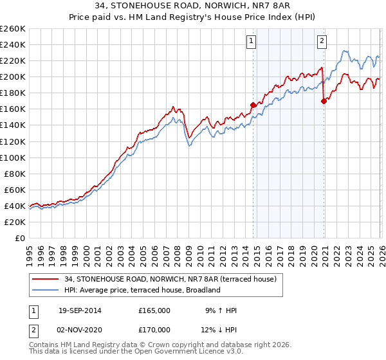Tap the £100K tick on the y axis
(x=13, y=157)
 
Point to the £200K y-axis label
(x=13, y=76)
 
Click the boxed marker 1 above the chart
(x=250, y=42)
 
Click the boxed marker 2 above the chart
(x=321, y=42)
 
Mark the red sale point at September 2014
(x=253, y=105)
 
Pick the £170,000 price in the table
(x=154, y=329)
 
